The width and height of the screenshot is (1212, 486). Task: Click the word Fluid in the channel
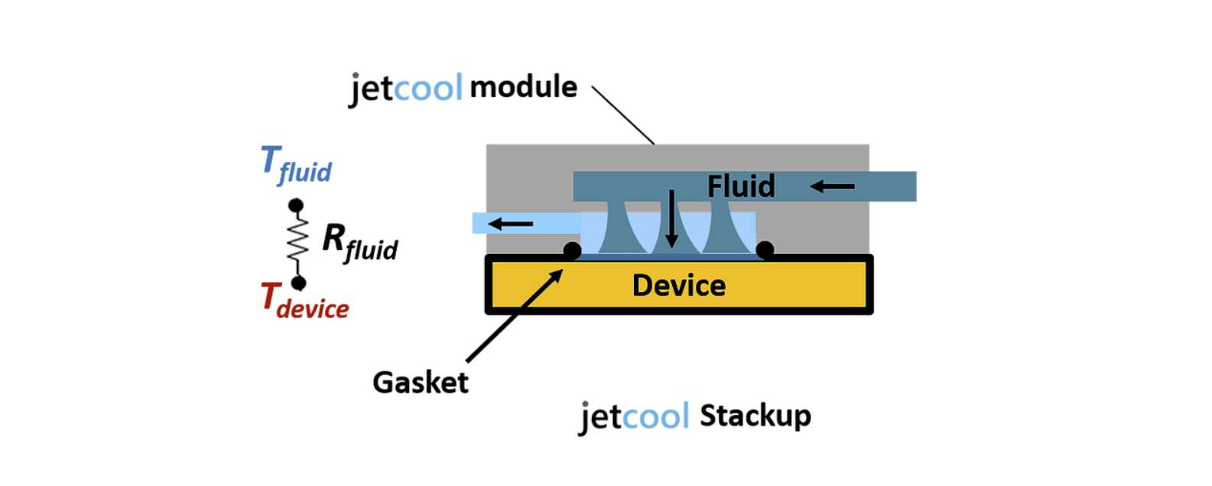[740, 186]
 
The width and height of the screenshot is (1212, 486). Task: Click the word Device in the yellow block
[678, 285]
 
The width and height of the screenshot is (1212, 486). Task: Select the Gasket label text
[420, 382]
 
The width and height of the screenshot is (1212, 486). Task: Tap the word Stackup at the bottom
[755, 416]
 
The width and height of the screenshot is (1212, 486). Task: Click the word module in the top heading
[523, 87]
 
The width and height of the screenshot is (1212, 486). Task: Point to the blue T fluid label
[295, 165]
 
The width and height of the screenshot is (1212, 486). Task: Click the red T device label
[304, 300]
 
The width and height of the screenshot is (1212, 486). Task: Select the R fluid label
[359, 241]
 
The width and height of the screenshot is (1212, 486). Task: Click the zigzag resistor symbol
[297, 241]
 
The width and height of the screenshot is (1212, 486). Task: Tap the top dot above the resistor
[296, 206]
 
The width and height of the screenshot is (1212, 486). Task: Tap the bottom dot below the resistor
[299, 283]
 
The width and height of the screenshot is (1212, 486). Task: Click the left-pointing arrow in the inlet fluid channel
[832, 186]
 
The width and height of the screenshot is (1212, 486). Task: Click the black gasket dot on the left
[572, 250]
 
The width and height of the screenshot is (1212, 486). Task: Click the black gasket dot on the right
[765, 249]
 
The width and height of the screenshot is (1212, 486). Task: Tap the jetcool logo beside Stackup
[634, 416]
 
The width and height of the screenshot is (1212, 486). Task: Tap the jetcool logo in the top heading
[406, 89]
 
